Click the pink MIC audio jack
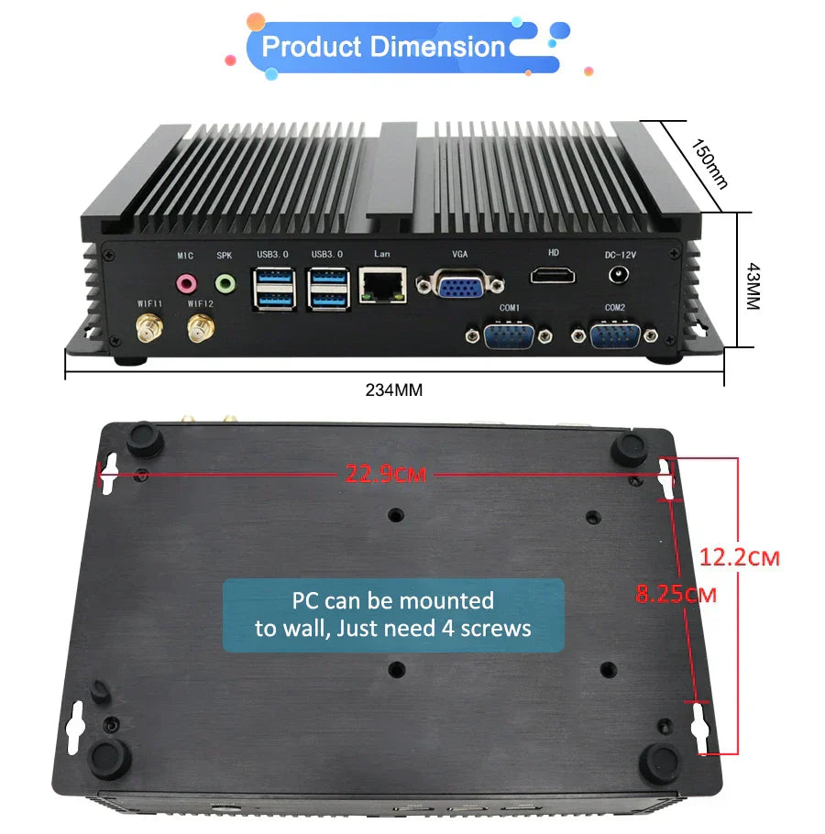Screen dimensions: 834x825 click(187, 281)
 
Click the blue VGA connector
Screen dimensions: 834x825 click(460, 287)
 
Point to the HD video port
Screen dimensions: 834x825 click(552, 274)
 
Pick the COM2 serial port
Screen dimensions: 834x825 click(614, 336)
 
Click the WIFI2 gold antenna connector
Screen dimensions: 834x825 click(199, 327)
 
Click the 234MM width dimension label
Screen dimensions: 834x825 click(394, 390)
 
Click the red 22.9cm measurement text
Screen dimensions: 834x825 click(386, 475)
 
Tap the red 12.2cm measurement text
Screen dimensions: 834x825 click(739, 556)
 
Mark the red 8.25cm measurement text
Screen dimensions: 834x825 click(676, 594)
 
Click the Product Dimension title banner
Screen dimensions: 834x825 click(383, 47)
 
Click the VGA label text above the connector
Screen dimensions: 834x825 click(459, 253)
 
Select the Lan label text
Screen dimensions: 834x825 click(383, 253)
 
